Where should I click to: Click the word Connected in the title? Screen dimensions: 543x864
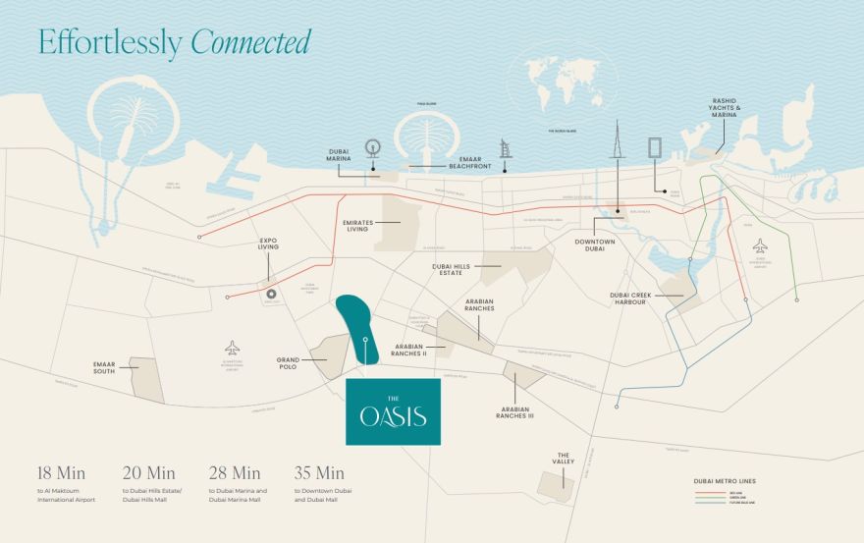click(x=250, y=42)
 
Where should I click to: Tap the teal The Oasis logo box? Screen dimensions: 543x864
click(x=393, y=411)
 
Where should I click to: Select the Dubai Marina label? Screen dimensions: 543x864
click(x=340, y=158)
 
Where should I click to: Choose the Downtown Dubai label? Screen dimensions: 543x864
click(x=595, y=244)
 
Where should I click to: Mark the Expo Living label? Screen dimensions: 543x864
click(x=268, y=244)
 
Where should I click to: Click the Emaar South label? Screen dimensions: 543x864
click(x=105, y=366)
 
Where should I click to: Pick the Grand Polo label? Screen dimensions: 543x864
click(x=287, y=364)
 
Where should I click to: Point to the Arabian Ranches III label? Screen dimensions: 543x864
click(x=516, y=412)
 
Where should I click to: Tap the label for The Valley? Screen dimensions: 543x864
click(x=564, y=459)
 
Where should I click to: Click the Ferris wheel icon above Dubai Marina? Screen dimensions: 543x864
click(x=372, y=148)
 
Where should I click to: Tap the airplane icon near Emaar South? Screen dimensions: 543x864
click(x=232, y=348)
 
